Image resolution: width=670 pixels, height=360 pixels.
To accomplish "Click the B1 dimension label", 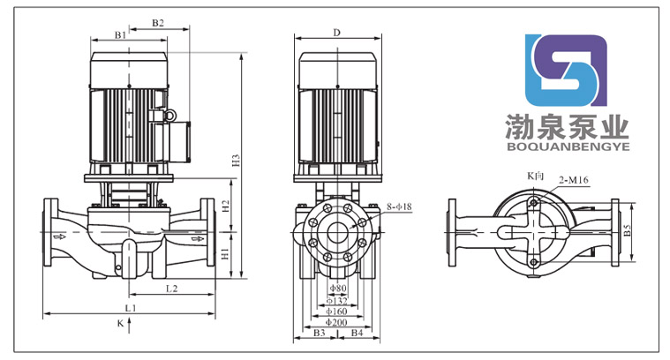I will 120,34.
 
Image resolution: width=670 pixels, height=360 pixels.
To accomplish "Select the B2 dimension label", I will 158,23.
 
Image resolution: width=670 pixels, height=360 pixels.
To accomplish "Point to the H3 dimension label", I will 236,161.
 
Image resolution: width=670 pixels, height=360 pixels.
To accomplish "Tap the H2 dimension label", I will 226,207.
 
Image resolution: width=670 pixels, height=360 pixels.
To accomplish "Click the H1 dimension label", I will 226,254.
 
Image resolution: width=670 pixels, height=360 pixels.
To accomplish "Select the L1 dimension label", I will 129,307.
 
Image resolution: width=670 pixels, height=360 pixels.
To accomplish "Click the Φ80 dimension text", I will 336,289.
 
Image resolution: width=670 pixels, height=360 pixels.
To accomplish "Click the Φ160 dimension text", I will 336,311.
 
